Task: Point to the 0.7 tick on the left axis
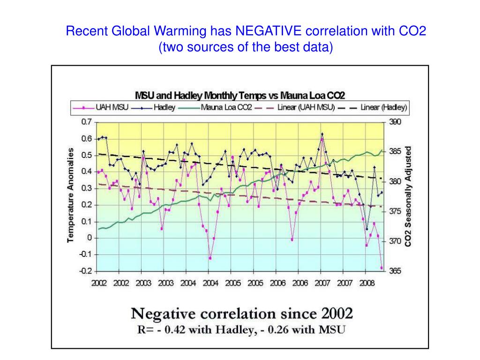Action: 87,122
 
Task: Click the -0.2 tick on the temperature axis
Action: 85,271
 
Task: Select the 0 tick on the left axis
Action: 89,238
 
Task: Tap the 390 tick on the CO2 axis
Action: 395,122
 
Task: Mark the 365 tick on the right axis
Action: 395,271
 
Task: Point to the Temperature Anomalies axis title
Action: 71,195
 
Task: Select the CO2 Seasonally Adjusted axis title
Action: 408,196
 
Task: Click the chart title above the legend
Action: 240,96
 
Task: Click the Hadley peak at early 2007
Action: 322,134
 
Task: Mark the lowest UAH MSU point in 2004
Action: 210,258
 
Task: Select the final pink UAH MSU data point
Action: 382,268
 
